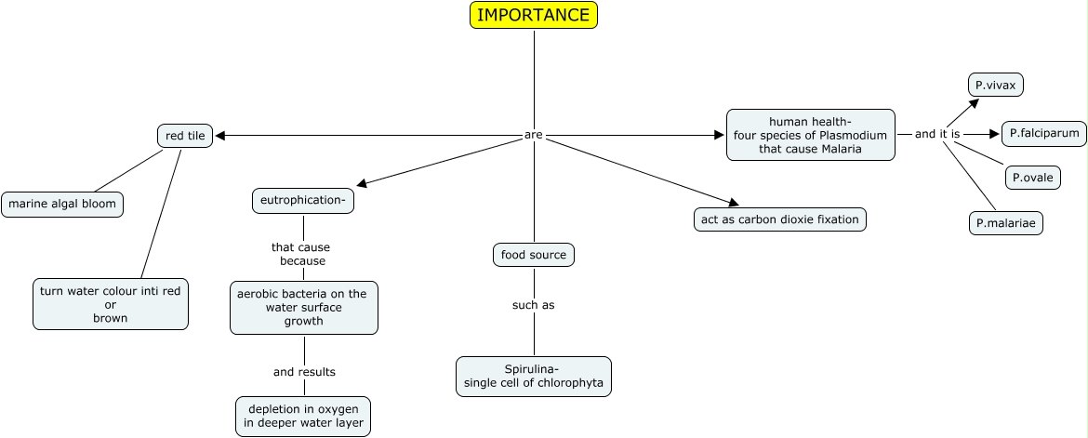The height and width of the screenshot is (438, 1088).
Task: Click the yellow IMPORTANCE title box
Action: [533, 15]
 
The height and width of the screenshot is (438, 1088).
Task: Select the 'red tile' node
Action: [185, 136]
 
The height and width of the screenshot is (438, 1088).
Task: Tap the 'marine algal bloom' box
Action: [62, 205]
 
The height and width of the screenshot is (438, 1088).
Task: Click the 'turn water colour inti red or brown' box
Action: [111, 304]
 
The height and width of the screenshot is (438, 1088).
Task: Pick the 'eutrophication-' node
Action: [303, 200]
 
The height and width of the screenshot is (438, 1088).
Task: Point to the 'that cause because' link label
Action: [301, 254]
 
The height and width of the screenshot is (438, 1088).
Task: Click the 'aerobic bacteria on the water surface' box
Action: [303, 307]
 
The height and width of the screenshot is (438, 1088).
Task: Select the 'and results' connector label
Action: [304, 372]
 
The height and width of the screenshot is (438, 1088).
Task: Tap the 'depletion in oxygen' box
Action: [303, 416]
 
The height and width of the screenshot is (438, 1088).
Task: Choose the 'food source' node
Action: [533, 254]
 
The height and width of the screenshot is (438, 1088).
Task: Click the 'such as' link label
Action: [533, 305]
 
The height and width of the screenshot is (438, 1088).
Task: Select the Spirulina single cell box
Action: [533, 377]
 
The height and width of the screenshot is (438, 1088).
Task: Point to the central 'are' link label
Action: [533, 136]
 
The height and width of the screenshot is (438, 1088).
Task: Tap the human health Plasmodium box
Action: [810, 135]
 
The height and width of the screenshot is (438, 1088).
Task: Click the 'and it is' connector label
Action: [937, 134]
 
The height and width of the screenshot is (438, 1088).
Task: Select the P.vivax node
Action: [995, 85]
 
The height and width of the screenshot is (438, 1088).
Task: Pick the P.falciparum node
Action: [1043, 134]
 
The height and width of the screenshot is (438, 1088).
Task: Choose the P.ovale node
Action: [1032, 177]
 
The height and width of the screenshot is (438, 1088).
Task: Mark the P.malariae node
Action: [1005, 223]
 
